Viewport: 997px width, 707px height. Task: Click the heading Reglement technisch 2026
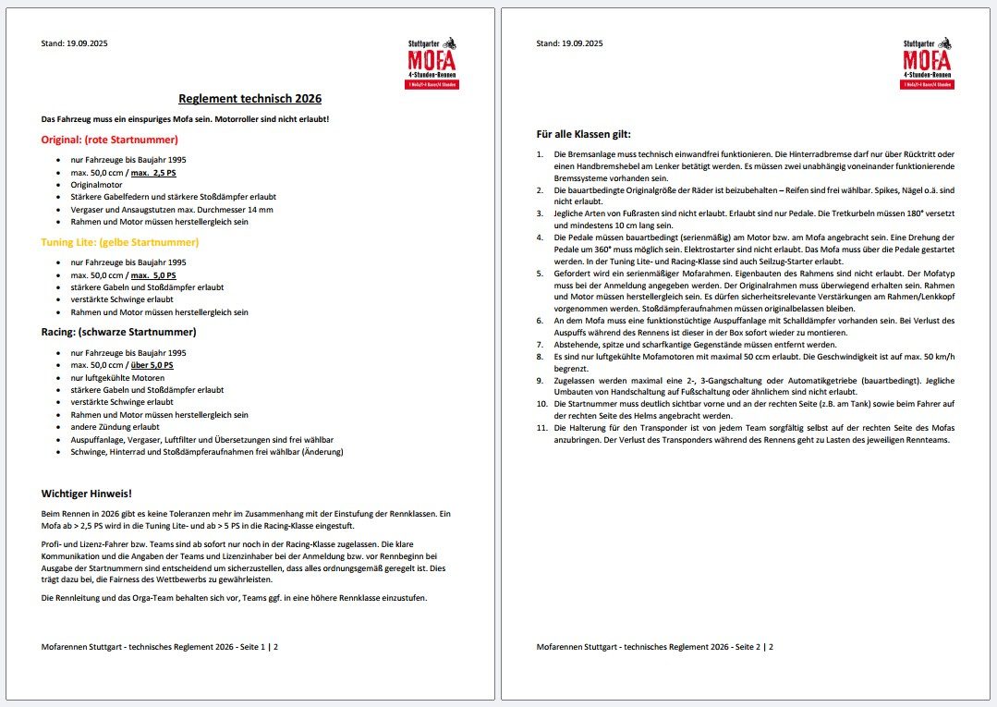coord(249,99)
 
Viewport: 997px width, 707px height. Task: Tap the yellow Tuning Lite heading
coord(120,242)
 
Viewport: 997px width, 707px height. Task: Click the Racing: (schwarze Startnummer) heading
coord(118,331)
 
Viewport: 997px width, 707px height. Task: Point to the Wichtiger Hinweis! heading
coord(87,494)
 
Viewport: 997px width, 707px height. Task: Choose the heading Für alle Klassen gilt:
coord(583,134)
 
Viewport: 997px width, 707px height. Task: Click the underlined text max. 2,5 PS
coord(152,173)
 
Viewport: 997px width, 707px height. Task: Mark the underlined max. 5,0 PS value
coord(152,275)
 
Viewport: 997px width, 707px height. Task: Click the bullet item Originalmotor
coord(96,185)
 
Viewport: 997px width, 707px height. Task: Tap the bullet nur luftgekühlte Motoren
coord(117,378)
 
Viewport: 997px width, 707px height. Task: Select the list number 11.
coord(542,428)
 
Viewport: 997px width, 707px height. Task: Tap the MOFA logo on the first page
coord(432,64)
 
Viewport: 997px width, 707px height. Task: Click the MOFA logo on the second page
coord(927,64)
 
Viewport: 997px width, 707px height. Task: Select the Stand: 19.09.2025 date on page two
coord(569,43)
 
